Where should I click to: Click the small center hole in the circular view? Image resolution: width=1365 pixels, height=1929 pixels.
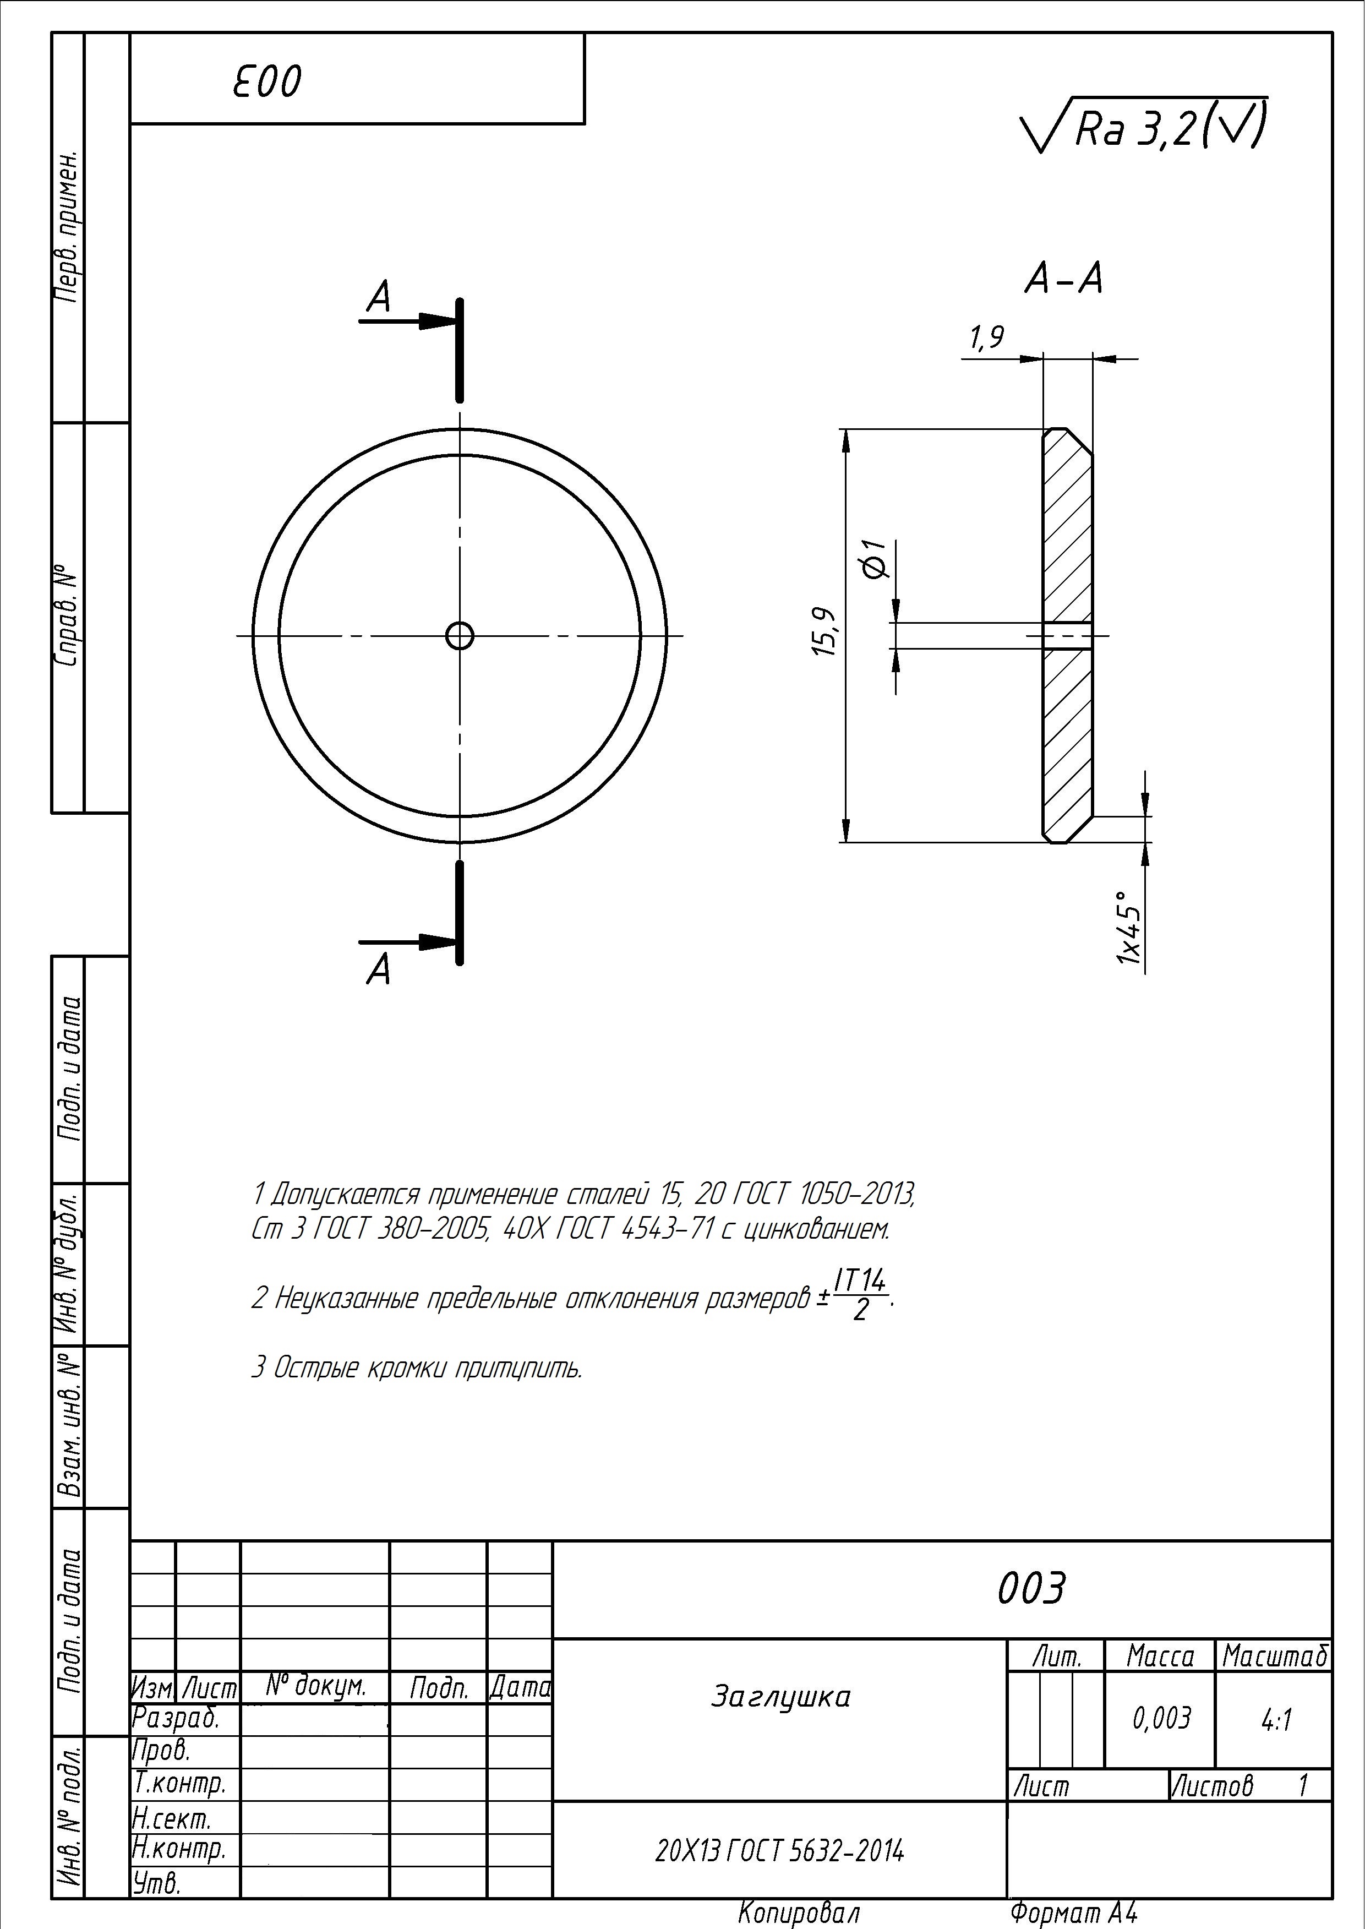click(x=460, y=635)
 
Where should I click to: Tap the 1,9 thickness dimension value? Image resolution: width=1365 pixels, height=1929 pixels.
click(x=987, y=338)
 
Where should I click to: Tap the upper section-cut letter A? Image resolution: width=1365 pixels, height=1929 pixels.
click(x=380, y=297)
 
